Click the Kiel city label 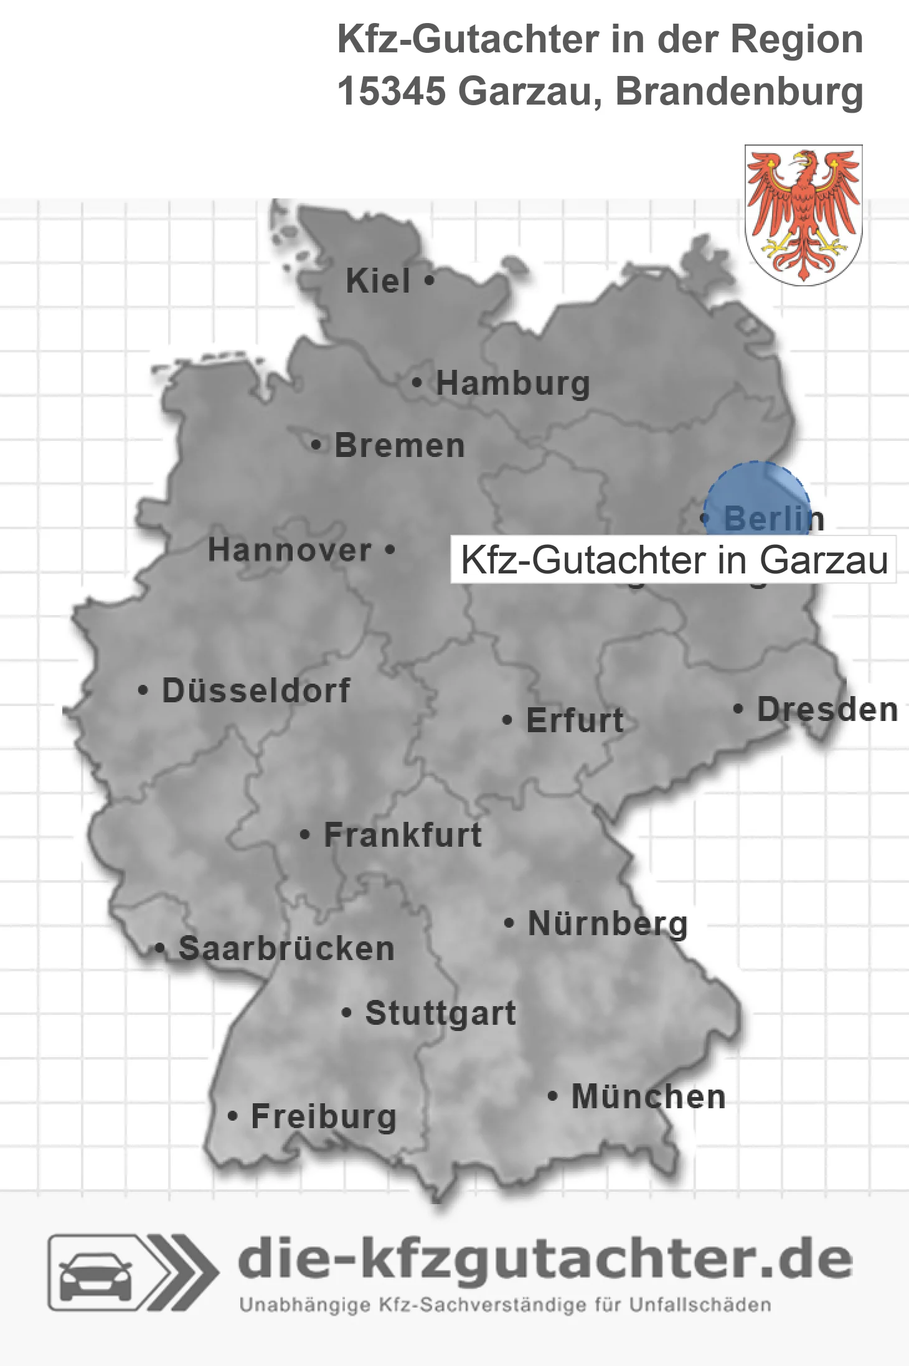pyautogui.click(x=378, y=281)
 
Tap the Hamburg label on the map pyautogui.click(x=512, y=383)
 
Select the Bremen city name pyautogui.click(x=399, y=446)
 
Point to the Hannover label pyautogui.click(x=290, y=550)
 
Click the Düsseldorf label pyautogui.click(x=256, y=690)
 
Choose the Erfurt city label pyautogui.click(x=574, y=720)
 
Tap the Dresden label pyautogui.click(x=827, y=709)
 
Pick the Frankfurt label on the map pyautogui.click(x=403, y=835)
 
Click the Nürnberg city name pyautogui.click(x=608, y=923)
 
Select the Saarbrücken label pyautogui.click(x=286, y=949)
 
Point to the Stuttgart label pyautogui.click(x=440, y=1013)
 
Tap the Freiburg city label pyautogui.click(x=323, y=1116)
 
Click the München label pyautogui.click(x=648, y=1096)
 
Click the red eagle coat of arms pyautogui.click(x=803, y=215)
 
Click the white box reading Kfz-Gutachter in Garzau pyautogui.click(x=673, y=560)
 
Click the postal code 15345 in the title pyautogui.click(x=392, y=91)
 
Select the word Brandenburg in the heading pyautogui.click(x=739, y=91)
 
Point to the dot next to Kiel pyautogui.click(x=429, y=281)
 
